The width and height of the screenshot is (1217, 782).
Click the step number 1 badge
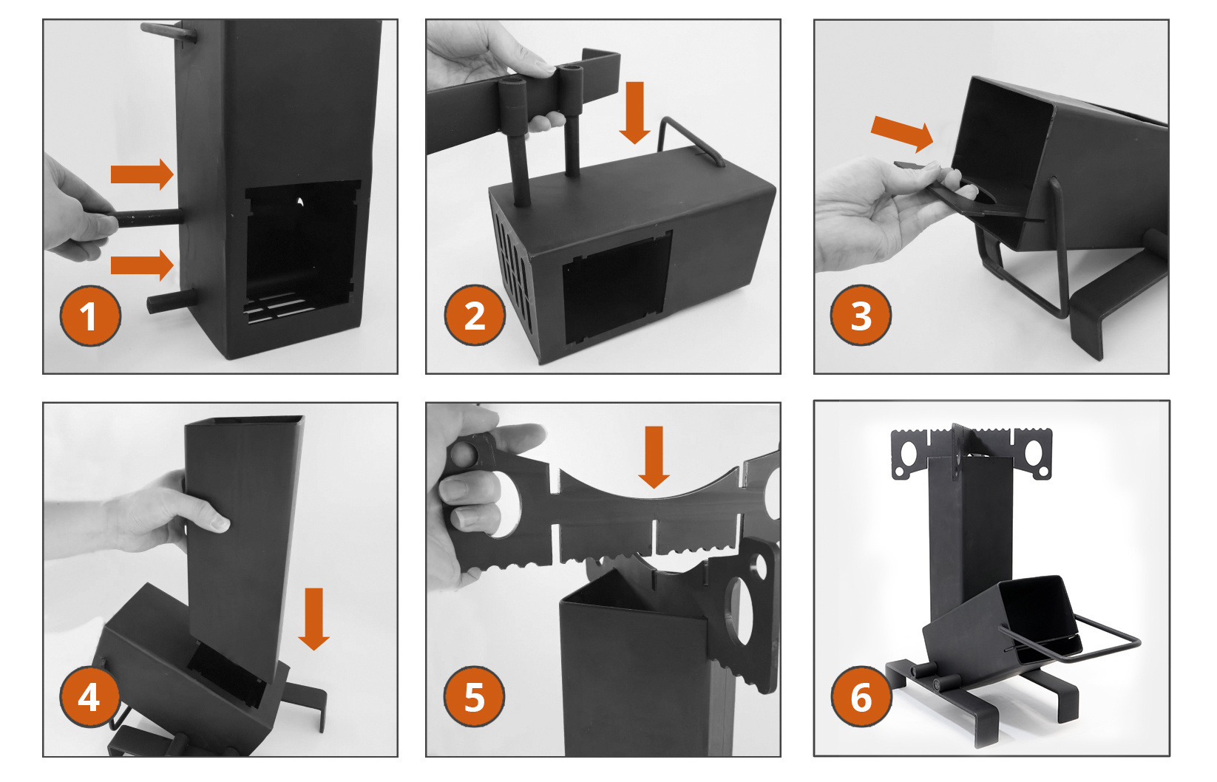pos(90,316)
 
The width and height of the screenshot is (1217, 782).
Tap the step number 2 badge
pos(475,315)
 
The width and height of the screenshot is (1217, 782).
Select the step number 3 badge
pos(861,315)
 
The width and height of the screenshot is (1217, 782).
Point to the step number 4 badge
pos(89,697)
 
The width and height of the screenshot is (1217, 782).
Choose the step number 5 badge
pos(474,697)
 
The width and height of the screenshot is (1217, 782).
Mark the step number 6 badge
pos(861,697)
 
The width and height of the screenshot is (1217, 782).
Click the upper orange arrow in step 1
pos(142,174)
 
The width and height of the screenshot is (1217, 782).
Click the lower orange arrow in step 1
pos(142,265)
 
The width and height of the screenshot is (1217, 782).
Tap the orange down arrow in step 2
pos(634,113)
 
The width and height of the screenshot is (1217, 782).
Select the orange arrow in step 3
pos(903,134)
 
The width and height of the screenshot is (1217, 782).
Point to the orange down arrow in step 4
pos(314,619)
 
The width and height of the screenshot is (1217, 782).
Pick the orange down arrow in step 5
pos(654,458)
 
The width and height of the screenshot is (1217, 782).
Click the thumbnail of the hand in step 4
pos(220,523)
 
